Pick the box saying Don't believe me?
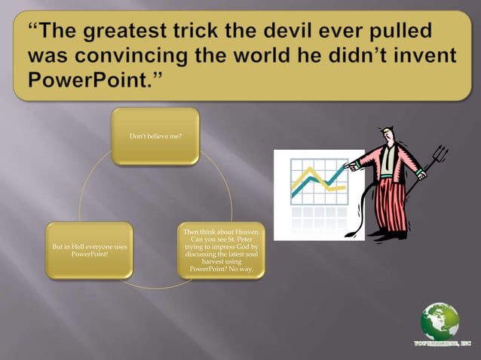tap(155, 136)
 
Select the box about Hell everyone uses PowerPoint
tap(89, 251)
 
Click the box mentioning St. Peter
tap(221, 250)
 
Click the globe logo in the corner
tap(440, 322)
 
